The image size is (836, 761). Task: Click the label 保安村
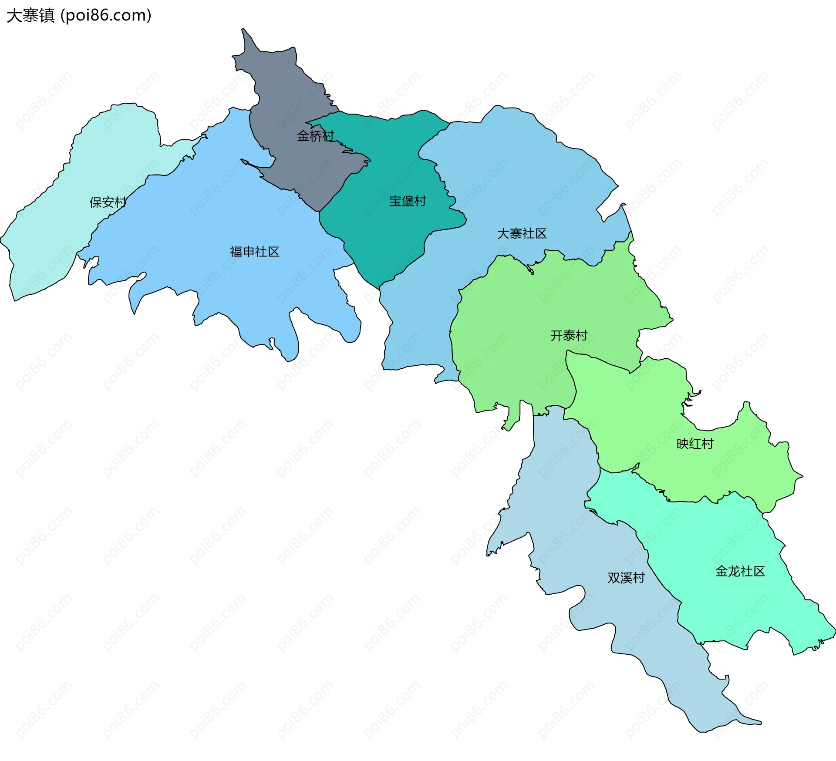[x=108, y=202]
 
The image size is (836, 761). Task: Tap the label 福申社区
[x=255, y=252]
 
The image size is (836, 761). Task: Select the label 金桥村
[x=315, y=136]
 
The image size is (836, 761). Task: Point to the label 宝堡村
[x=408, y=201]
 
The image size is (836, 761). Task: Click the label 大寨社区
[x=522, y=234]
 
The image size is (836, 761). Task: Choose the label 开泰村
[x=569, y=336]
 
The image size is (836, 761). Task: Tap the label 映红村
[x=695, y=444]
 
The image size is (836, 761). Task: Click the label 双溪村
[x=626, y=578]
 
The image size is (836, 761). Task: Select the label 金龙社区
[x=740, y=571]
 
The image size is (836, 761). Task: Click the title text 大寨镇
[x=30, y=16]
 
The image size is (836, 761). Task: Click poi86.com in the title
[x=106, y=16]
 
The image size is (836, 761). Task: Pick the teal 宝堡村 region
[x=383, y=235]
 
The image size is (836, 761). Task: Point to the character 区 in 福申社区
[x=274, y=252]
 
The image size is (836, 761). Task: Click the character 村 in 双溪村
[x=639, y=578]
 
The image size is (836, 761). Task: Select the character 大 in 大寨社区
[x=503, y=234]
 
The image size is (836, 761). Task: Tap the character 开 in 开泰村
[x=556, y=336]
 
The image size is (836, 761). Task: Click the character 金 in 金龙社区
[x=721, y=571]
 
